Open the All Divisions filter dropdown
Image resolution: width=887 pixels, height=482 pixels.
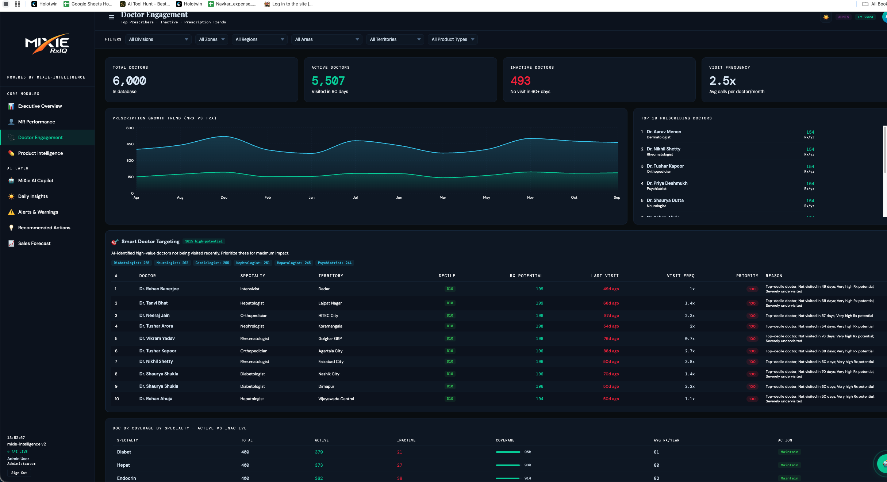158,39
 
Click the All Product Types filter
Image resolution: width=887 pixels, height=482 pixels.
452,39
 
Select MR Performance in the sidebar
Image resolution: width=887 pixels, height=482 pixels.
37,122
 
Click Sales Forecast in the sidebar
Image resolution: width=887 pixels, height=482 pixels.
34,244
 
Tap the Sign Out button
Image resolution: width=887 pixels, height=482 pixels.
19,473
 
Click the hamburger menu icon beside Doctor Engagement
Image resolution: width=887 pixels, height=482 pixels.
111,17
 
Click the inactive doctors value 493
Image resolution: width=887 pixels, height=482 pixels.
520,81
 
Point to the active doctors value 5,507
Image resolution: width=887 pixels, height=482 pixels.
328,81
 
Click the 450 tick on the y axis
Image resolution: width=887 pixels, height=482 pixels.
130,144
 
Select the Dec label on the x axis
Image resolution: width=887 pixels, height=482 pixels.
224,198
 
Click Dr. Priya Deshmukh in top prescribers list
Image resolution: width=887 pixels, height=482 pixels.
667,183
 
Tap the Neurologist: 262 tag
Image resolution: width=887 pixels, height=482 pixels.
172,263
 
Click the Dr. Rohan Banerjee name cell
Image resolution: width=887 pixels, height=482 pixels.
159,289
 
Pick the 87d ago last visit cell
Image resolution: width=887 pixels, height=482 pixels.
611,316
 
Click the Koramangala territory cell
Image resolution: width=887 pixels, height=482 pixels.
330,326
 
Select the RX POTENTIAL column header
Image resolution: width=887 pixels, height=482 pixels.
526,276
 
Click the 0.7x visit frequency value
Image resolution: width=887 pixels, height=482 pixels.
690,339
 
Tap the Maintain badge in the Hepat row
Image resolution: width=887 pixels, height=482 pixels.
789,465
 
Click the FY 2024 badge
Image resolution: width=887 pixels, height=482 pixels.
865,17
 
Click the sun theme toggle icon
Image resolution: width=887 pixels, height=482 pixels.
826,17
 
